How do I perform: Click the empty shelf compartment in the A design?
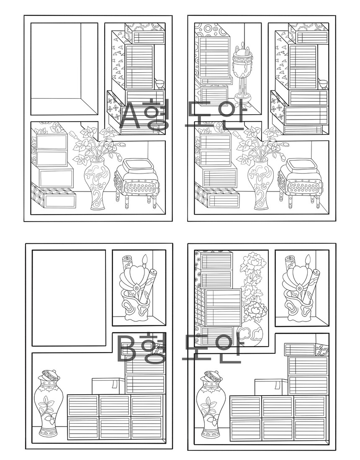point(64,69)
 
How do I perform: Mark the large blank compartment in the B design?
point(69,298)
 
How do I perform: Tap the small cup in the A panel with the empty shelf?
point(160,84)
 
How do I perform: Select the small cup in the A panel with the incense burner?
point(323,84)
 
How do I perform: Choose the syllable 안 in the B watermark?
point(227,347)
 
